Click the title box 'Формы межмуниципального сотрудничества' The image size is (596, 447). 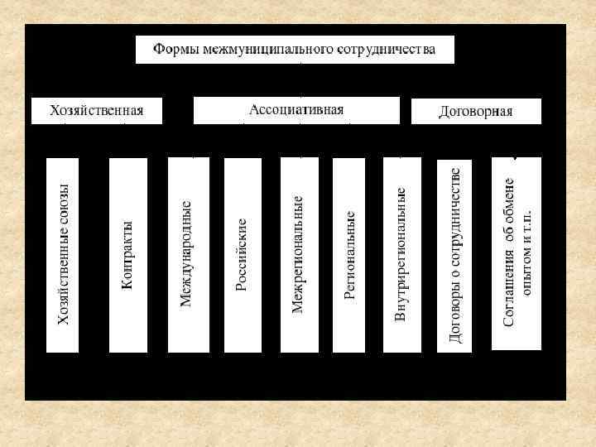tap(296, 50)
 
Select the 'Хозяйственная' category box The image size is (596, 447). tap(96, 111)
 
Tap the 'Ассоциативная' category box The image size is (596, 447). tap(296, 110)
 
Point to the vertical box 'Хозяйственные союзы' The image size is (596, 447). tap(63, 255)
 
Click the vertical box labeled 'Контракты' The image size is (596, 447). tap(127, 255)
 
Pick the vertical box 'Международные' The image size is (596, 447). tap(187, 255)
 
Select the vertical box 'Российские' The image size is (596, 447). tap(243, 255)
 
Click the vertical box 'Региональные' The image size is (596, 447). tap(348, 255)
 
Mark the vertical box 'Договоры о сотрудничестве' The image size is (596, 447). tap(454, 255)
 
